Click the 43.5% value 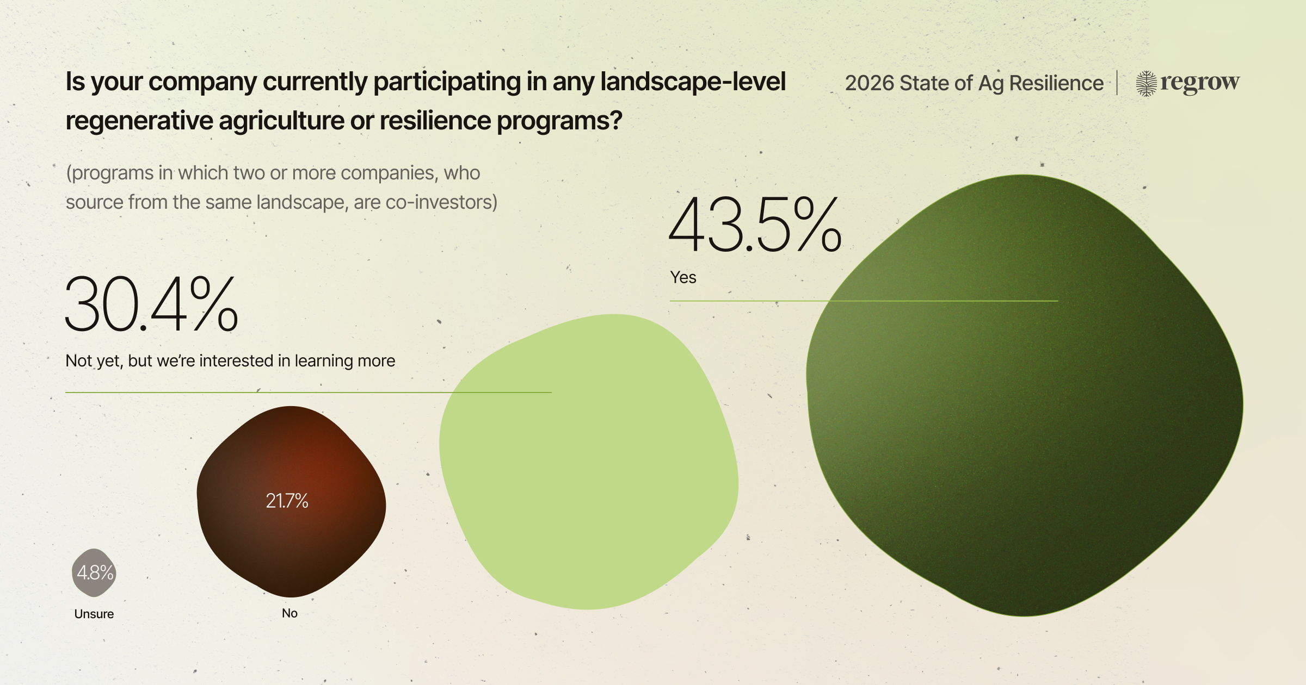pyautogui.click(x=755, y=226)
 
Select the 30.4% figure pyautogui.click(x=151, y=304)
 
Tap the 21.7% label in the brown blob pyautogui.click(x=287, y=501)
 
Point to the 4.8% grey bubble pyautogui.click(x=94, y=572)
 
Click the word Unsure pyautogui.click(x=94, y=614)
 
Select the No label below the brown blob pyautogui.click(x=289, y=613)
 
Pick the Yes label pyautogui.click(x=683, y=277)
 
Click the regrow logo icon pyautogui.click(x=1146, y=83)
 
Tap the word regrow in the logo pyautogui.click(x=1200, y=83)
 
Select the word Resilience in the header pyautogui.click(x=1056, y=83)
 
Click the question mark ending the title pyautogui.click(x=616, y=121)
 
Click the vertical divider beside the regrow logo pyautogui.click(x=1117, y=83)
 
